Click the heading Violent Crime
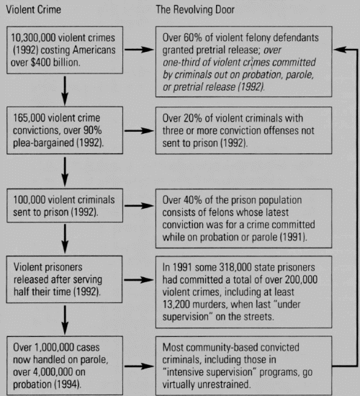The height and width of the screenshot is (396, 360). (x=33, y=9)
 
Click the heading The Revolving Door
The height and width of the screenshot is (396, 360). (x=195, y=9)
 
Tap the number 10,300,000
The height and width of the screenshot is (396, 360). (x=33, y=37)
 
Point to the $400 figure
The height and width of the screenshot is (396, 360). (x=42, y=62)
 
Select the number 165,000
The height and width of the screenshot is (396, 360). (x=29, y=118)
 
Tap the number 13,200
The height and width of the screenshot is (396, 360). (x=176, y=305)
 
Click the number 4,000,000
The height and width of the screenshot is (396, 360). (x=50, y=372)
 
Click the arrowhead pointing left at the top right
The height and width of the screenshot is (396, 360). (x=340, y=50)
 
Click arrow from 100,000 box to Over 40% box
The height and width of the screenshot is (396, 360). (x=139, y=206)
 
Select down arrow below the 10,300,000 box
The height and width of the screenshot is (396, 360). (x=65, y=91)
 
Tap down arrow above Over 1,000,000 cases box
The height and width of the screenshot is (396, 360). (x=65, y=320)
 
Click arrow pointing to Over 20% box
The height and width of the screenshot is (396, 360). (x=139, y=130)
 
